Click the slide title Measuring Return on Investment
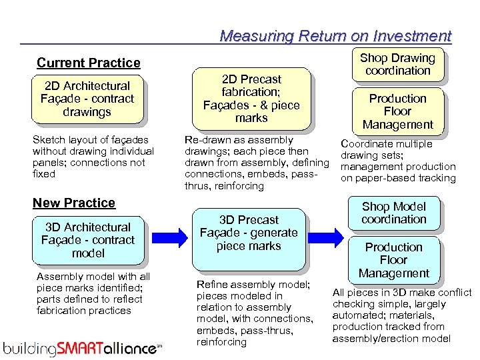(335, 36)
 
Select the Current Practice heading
(89, 63)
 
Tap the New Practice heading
(74, 203)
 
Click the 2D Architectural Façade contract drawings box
(87, 99)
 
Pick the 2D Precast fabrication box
(251, 98)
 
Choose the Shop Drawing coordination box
(397, 64)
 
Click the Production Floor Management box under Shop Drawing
(397, 111)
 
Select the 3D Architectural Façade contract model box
(88, 240)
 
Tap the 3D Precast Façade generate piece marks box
(249, 233)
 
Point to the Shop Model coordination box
(393, 213)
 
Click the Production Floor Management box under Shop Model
(393, 260)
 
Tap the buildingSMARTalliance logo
(82, 347)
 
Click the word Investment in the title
(413, 36)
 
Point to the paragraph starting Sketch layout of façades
(93, 157)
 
